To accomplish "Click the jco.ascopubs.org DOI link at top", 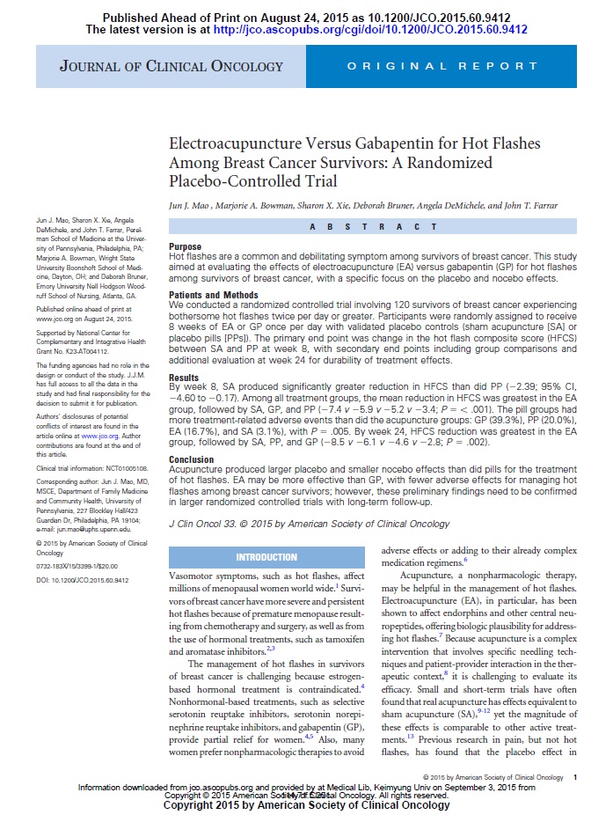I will click(x=370, y=29).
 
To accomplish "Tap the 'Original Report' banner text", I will click(x=442, y=66).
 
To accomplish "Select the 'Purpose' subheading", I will click(x=185, y=246).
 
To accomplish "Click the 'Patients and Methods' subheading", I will click(x=212, y=295).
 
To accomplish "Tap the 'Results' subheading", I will click(x=184, y=377).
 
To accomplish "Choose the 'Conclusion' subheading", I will click(x=191, y=459).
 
